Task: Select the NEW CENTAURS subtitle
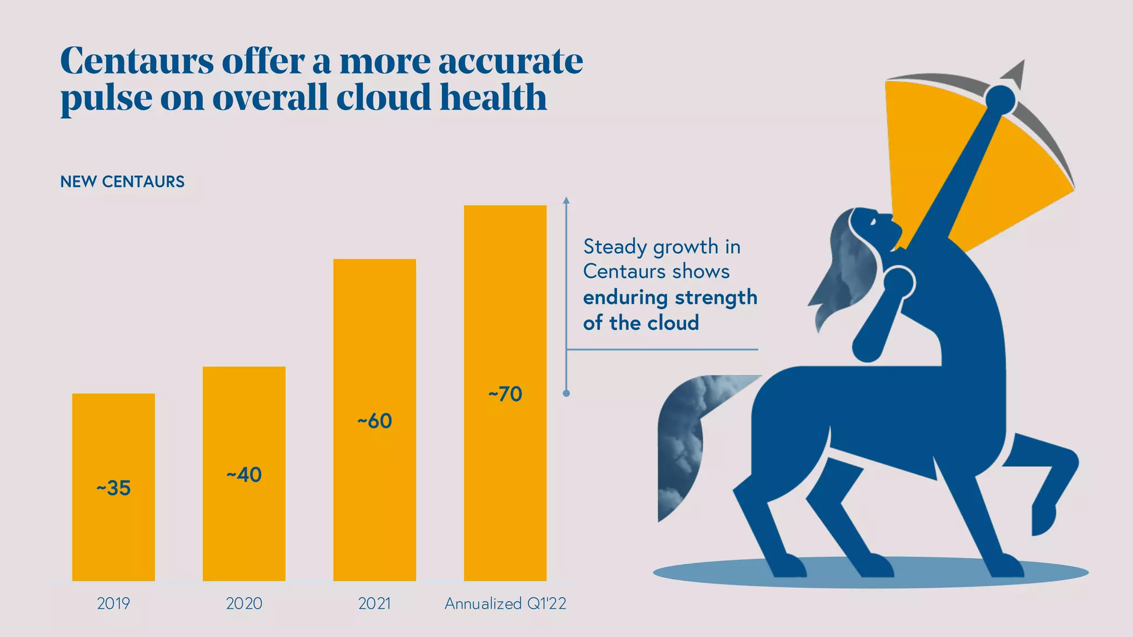122,181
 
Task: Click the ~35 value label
113,488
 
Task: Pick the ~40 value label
244,474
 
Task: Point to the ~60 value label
375,421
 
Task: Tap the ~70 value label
505,394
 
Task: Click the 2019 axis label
113,603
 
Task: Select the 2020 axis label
244,603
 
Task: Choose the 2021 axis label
375,603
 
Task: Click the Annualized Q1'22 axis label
505,603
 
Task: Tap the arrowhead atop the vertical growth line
566,200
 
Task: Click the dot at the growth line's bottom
566,393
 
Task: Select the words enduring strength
670,297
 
